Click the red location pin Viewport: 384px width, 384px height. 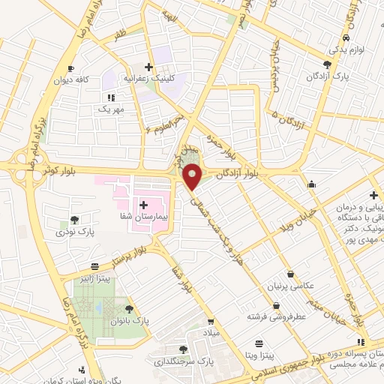(193, 175)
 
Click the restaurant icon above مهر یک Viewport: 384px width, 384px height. (110, 97)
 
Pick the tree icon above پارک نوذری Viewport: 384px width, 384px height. (74, 220)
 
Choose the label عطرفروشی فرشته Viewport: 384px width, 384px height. (277, 317)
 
